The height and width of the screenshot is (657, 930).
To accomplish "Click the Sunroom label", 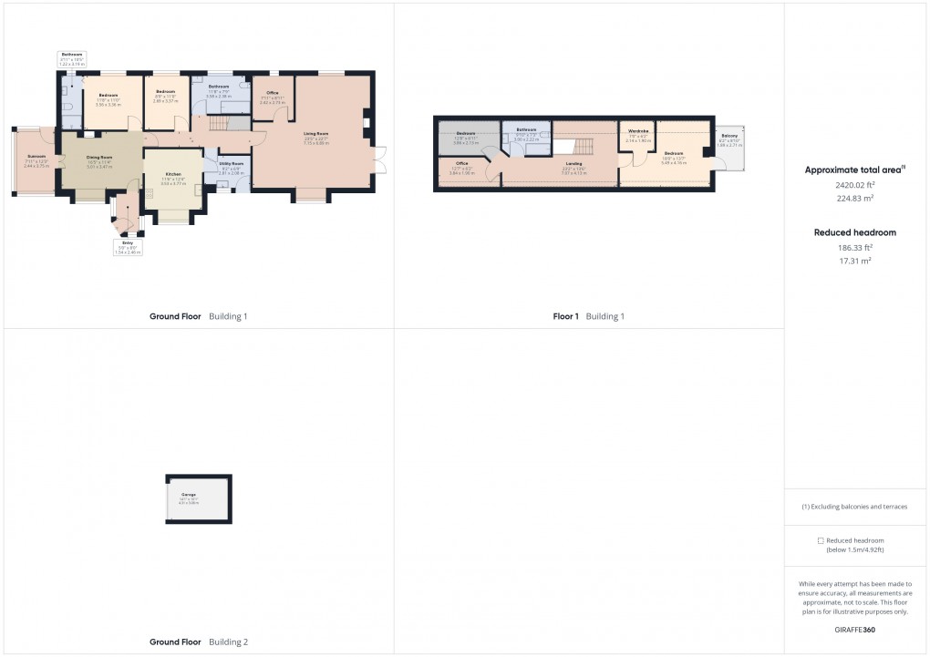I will pos(36,157).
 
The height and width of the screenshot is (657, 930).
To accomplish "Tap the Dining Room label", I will pos(99,158).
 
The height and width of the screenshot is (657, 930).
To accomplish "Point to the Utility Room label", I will pos(229,164).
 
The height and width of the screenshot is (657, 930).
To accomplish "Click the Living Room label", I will pos(316,134).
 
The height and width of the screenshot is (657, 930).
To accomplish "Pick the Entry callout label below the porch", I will pos(128,243).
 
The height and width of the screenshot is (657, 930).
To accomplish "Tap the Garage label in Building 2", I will pos(188,494).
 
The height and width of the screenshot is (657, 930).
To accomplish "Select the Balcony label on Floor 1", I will pos(729,136).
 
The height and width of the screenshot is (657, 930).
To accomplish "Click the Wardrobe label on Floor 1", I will pos(638,132).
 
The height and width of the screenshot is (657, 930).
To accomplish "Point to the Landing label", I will pos(573,164).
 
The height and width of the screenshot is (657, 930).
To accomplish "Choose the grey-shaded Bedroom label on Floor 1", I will pos(466,134).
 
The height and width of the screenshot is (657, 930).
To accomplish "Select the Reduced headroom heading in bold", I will pos(854,232).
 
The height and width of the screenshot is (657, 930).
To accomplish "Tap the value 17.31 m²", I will pos(854,261).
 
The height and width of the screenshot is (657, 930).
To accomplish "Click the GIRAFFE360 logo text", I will pos(854,629).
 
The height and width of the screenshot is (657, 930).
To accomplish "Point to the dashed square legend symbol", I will pos(821,540).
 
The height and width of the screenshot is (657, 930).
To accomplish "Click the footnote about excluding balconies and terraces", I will pos(854,507).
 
